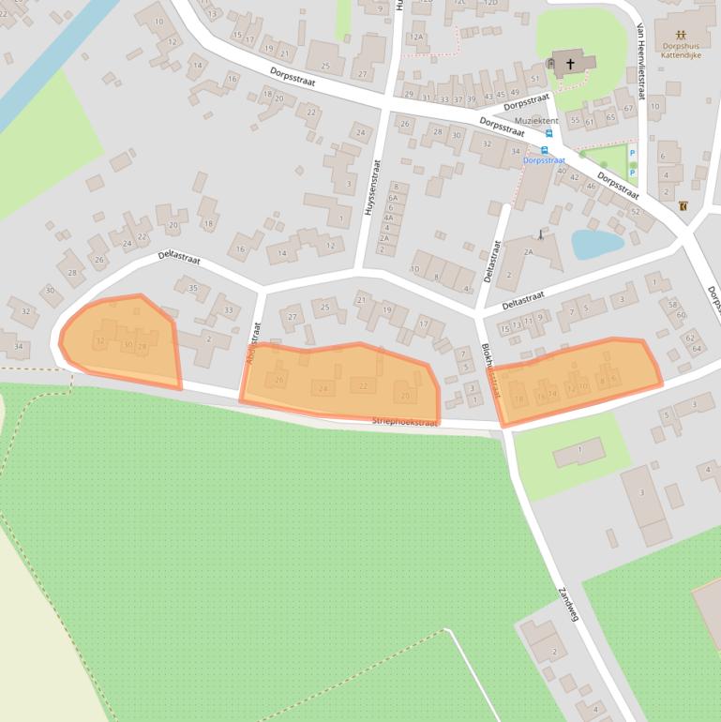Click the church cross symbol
tap(569, 64)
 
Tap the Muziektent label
tap(536, 121)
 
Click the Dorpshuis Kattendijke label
tap(681, 49)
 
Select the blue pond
tap(596, 244)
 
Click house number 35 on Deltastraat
tap(193, 288)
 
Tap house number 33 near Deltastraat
tap(227, 310)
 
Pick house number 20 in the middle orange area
tap(405, 396)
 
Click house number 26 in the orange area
tap(278, 380)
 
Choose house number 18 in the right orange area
tap(519, 399)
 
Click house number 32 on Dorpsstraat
tap(486, 143)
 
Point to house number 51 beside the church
tap(534, 79)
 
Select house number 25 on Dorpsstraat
tap(325, 66)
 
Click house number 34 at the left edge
tap(19, 347)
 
